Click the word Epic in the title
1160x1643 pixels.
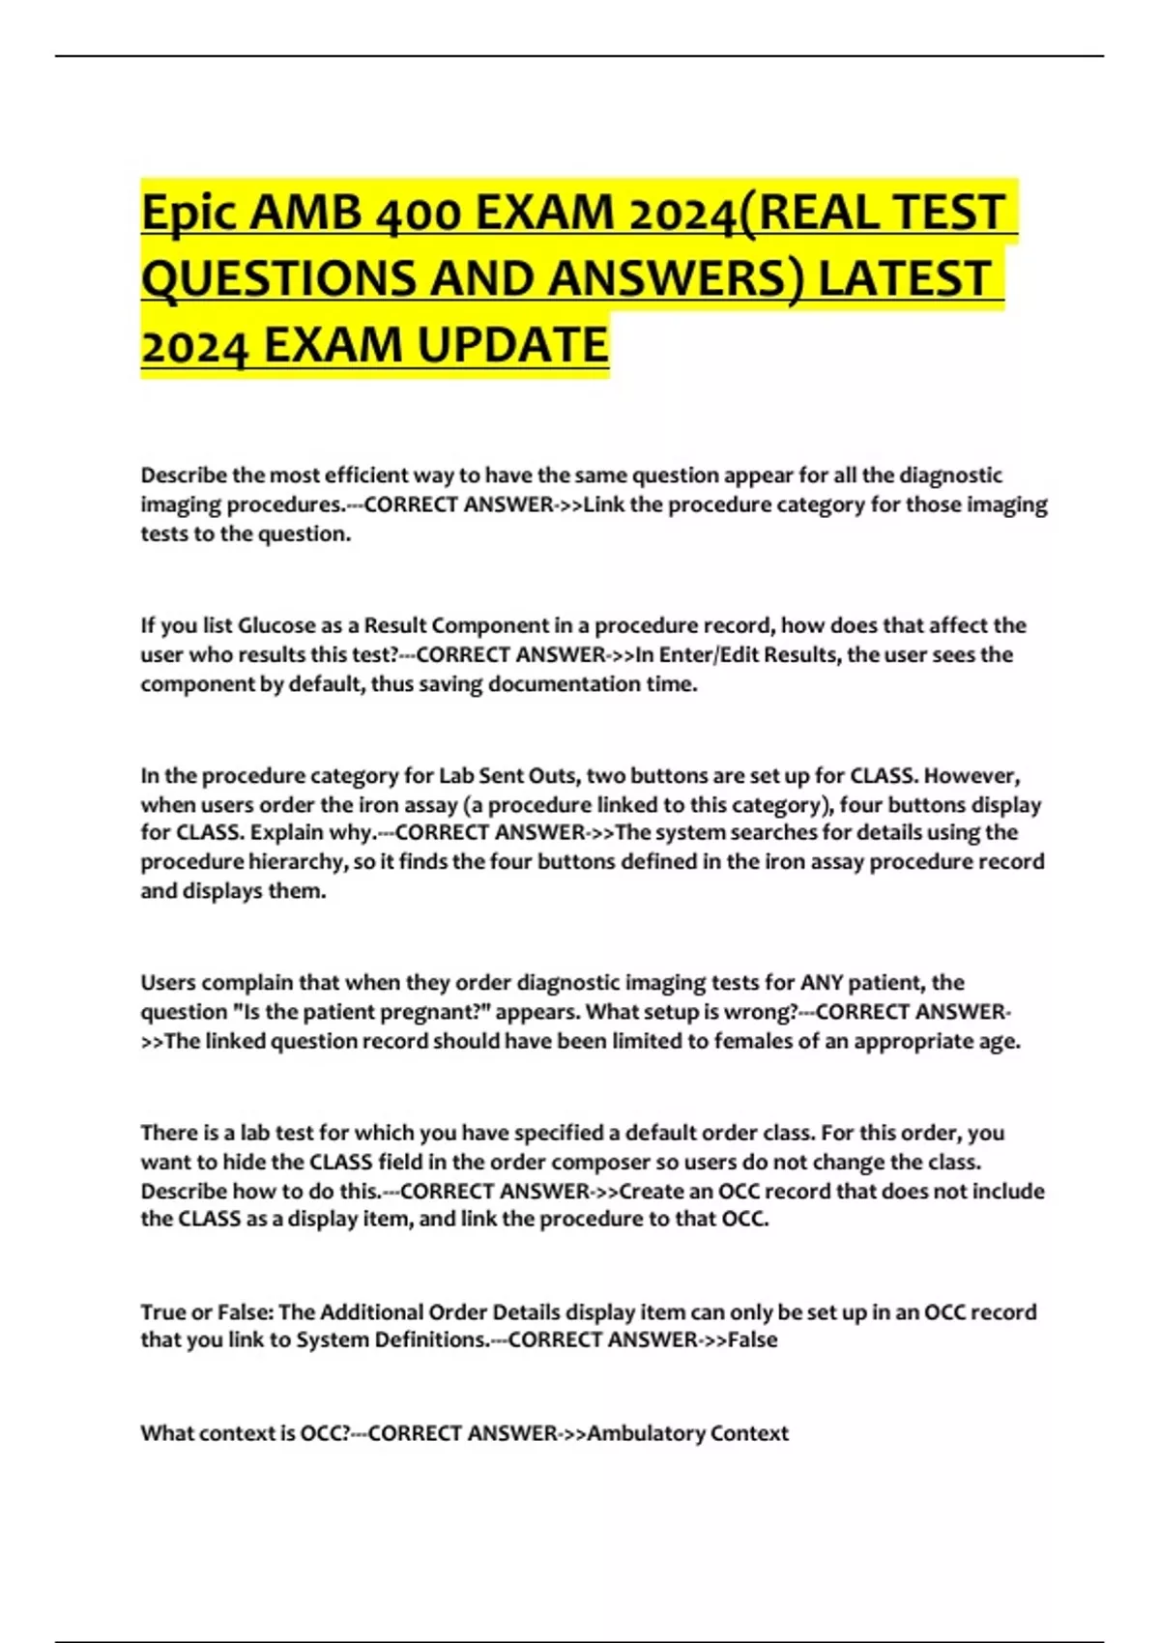tap(188, 213)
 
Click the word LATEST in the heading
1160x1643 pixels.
tap(904, 278)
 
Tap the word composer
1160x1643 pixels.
tap(620, 1162)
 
